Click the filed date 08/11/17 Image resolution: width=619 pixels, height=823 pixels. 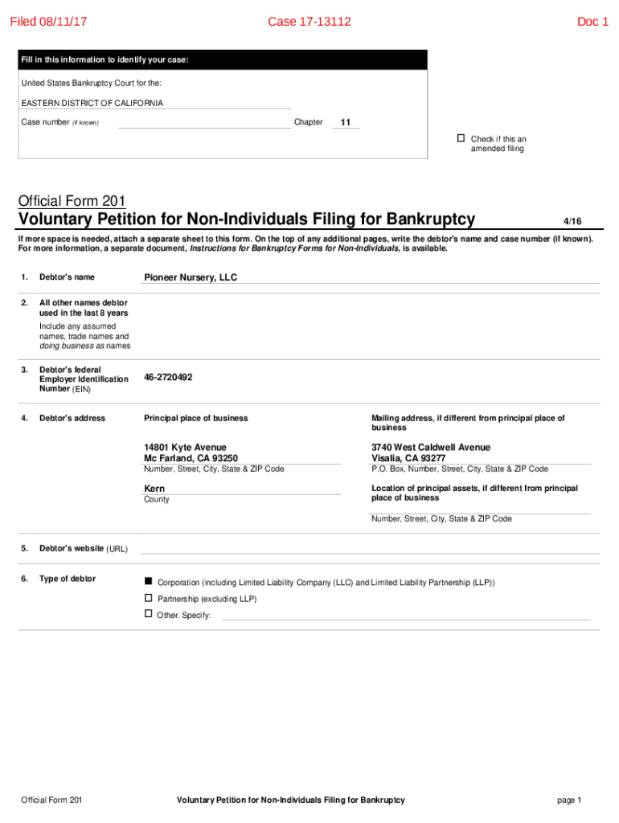point(47,22)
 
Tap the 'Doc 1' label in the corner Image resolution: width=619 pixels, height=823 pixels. point(592,22)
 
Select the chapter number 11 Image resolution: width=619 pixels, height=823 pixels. point(345,123)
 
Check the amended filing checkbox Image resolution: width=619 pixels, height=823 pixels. point(461,138)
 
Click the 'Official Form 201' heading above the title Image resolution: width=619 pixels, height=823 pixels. point(72,201)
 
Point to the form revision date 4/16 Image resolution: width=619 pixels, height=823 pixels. point(572,221)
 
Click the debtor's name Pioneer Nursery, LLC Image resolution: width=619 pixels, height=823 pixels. point(191,277)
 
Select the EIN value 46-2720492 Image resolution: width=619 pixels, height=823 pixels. point(168,377)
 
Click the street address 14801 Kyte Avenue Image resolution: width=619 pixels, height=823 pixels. point(185,447)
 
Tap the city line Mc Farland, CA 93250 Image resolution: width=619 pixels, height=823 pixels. point(191,458)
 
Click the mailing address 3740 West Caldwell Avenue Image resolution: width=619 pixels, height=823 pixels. point(431,447)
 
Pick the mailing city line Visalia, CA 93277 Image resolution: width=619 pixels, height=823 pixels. point(408,458)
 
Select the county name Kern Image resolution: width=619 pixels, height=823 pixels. point(154,489)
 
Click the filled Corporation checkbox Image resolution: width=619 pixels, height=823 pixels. point(148,581)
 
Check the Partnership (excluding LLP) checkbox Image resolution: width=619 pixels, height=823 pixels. point(148,598)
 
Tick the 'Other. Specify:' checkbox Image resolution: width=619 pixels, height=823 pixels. point(148,614)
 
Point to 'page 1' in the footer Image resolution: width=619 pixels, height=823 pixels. point(568,800)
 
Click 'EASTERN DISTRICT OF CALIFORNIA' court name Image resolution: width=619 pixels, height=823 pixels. point(92,103)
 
